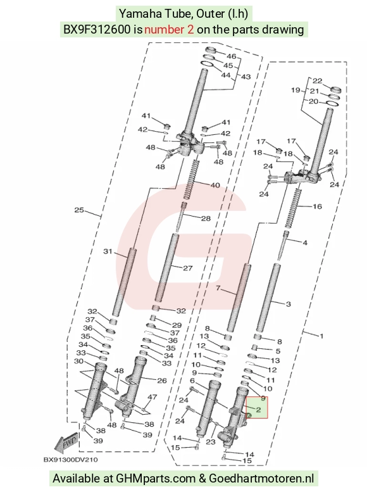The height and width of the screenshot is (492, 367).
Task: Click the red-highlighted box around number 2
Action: point(257,407)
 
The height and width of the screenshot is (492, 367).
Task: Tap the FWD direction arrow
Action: point(66,443)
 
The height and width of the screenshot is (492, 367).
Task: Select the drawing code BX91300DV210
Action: point(70,460)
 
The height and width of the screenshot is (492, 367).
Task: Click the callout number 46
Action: point(231,56)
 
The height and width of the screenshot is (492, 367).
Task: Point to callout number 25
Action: point(79,210)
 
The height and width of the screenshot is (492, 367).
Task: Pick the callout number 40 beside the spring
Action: point(215,185)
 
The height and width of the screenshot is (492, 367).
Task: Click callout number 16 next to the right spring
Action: point(317,206)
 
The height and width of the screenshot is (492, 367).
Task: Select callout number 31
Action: point(108,251)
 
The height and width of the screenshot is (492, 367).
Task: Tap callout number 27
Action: point(187,268)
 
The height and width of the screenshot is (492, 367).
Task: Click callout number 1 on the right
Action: point(321,336)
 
